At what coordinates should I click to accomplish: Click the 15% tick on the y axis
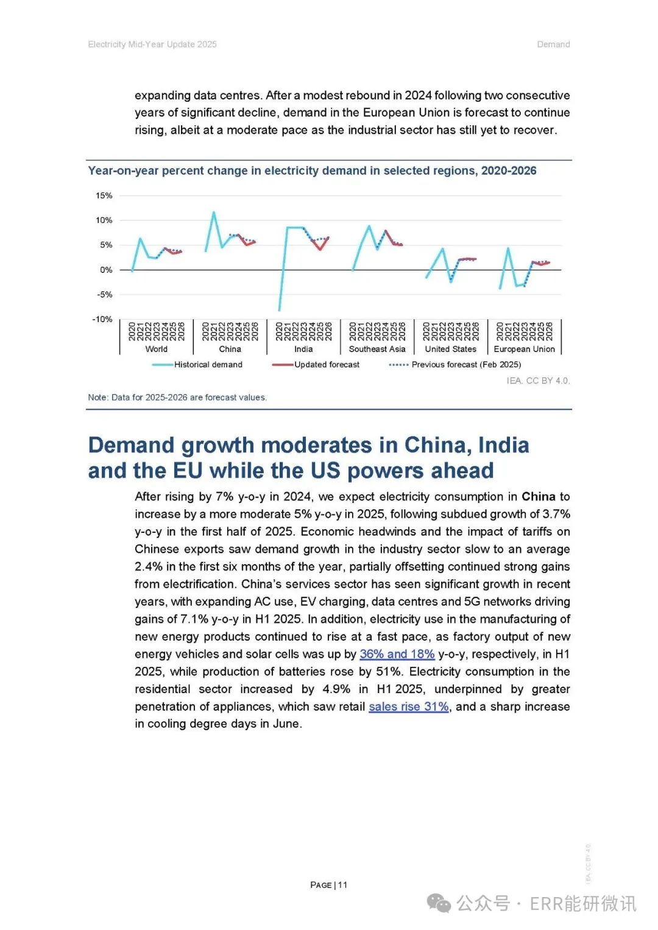click(104, 196)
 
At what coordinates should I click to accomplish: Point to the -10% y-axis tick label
click(102, 319)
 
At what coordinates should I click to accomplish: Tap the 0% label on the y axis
click(106, 270)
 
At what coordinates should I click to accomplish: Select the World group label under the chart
click(156, 349)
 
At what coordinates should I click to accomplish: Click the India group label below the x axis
click(303, 349)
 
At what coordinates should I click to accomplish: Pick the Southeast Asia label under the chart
click(377, 349)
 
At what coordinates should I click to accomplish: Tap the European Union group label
click(524, 349)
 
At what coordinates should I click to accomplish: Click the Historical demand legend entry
click(197, 365)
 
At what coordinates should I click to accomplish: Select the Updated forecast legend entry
click(316, 365)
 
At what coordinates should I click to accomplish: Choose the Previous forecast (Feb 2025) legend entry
click(455, 365)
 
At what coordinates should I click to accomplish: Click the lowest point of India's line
click(279, 310)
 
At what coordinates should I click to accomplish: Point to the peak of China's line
click(214, 212)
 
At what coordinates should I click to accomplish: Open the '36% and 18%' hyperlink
click(397, 654)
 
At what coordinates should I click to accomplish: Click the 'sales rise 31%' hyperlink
click(409, 706)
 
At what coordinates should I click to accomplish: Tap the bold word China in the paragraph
click(539, 496)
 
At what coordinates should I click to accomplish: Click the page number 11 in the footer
click(342, 885)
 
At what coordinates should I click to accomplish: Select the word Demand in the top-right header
click(553, 44)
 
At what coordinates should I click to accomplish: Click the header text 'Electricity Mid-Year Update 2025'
click(152, 44)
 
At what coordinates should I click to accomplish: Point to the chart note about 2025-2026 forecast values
click(177, 397)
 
